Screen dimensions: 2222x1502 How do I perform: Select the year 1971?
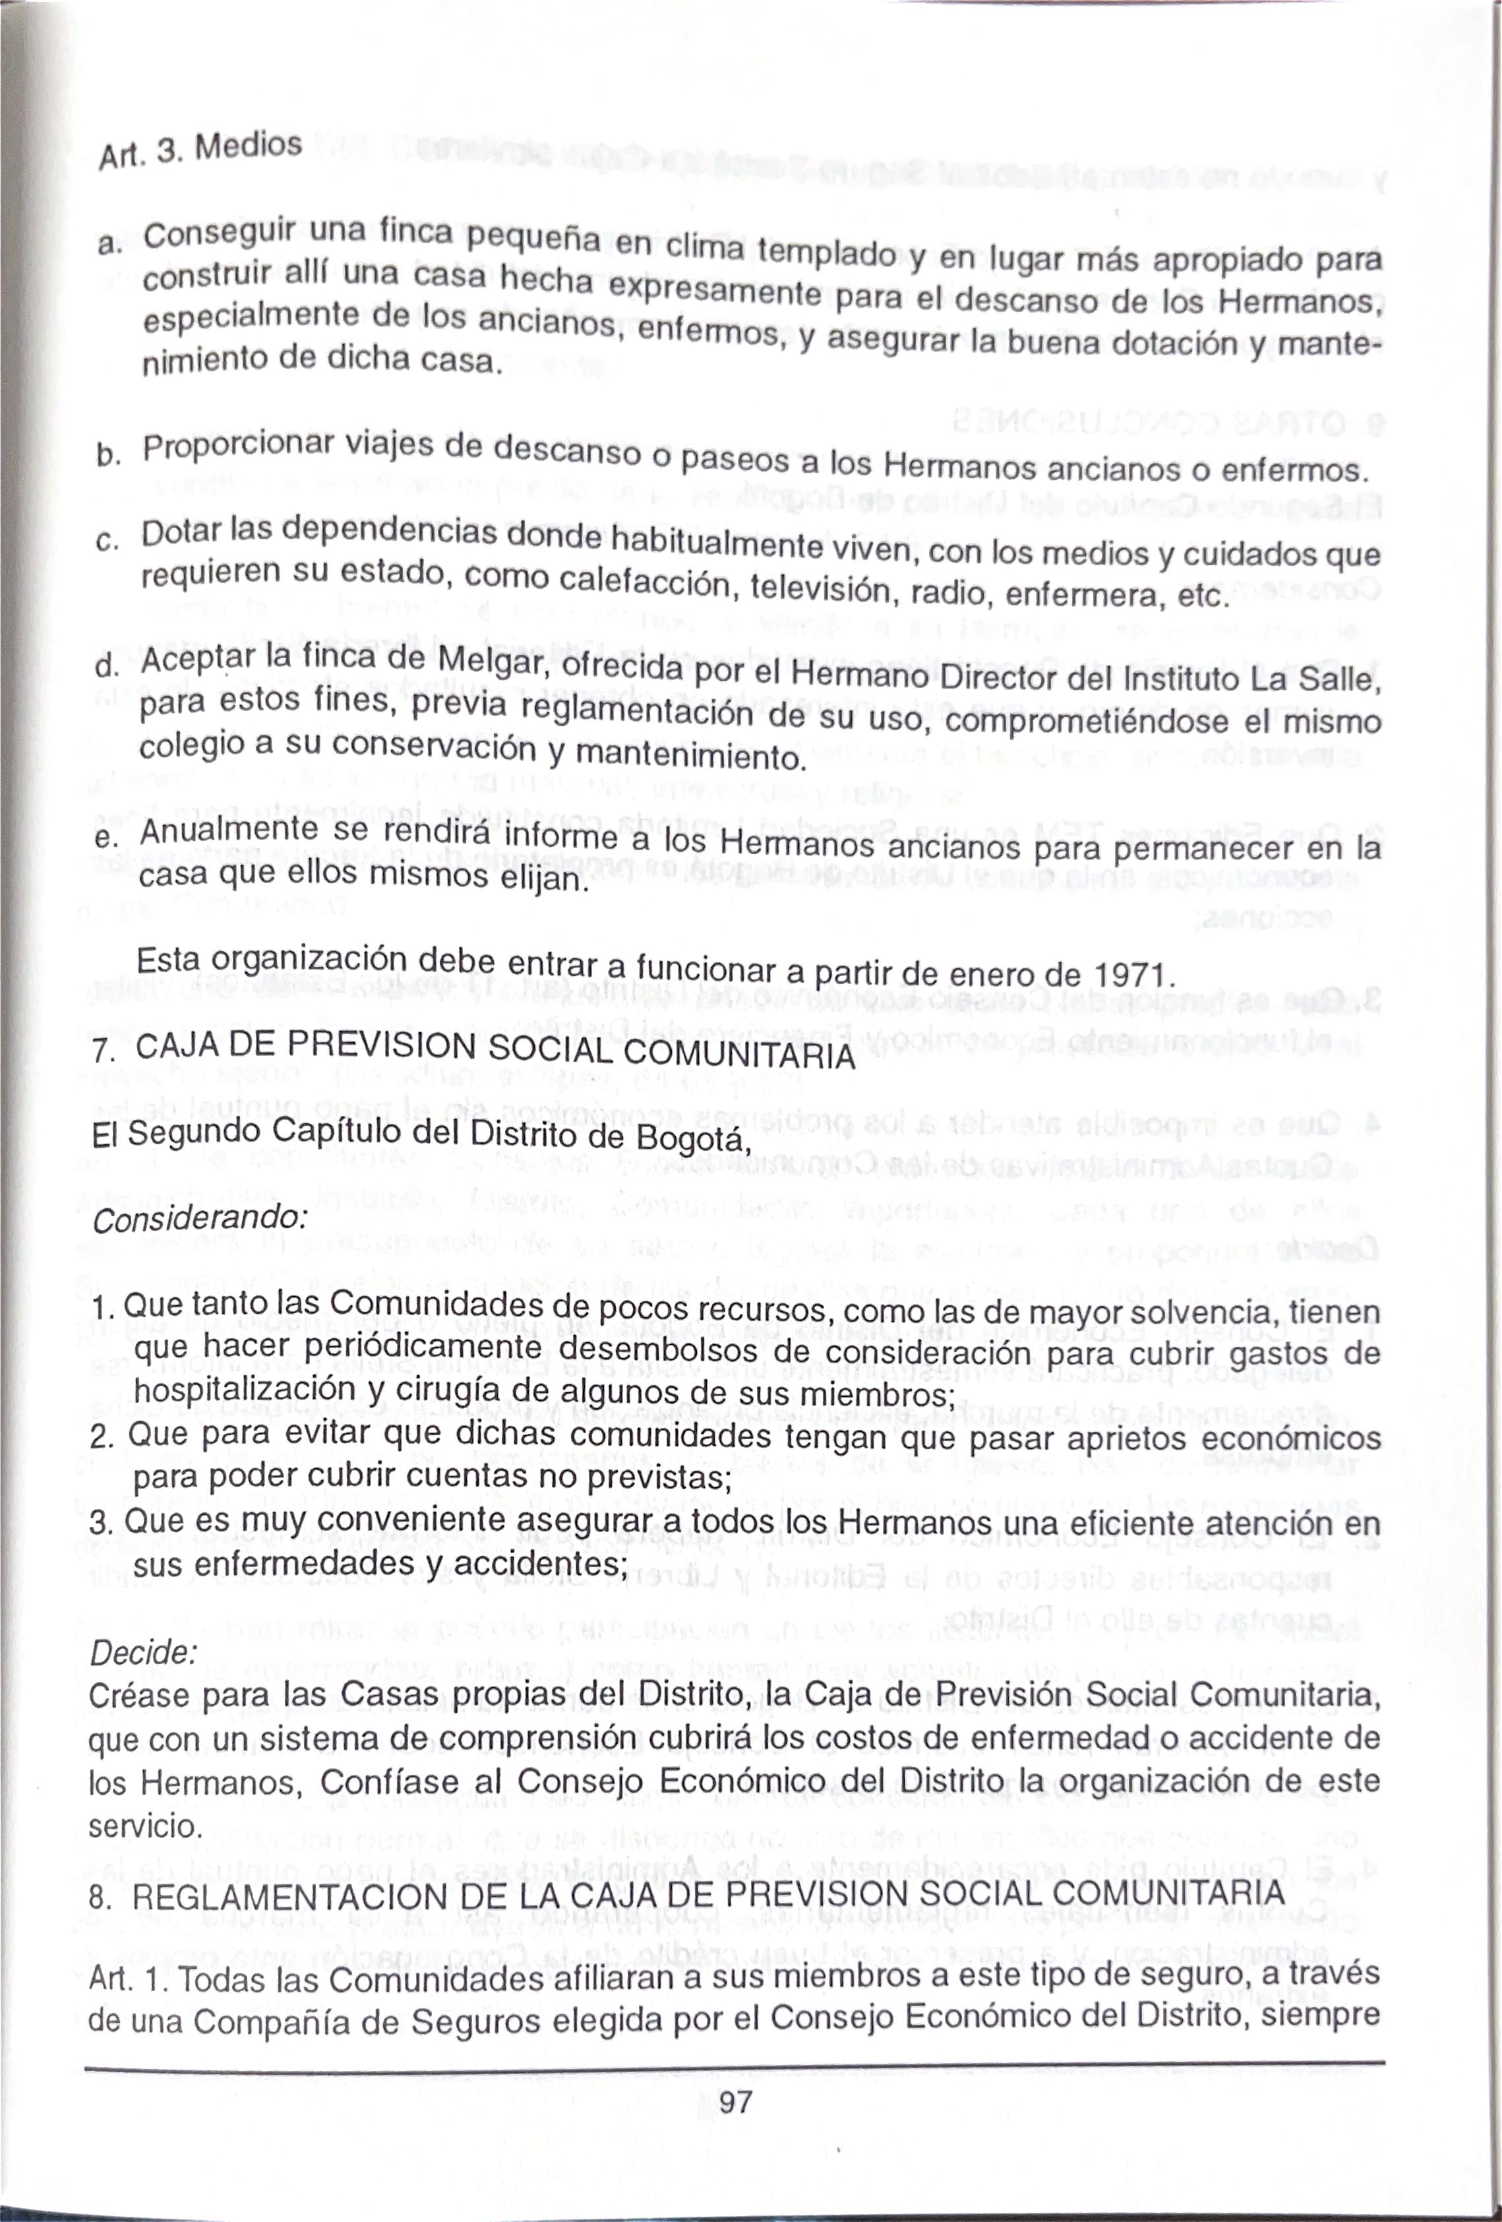(x=1131, y=976)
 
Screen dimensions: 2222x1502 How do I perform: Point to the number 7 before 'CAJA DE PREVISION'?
(x=104, y=1051)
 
